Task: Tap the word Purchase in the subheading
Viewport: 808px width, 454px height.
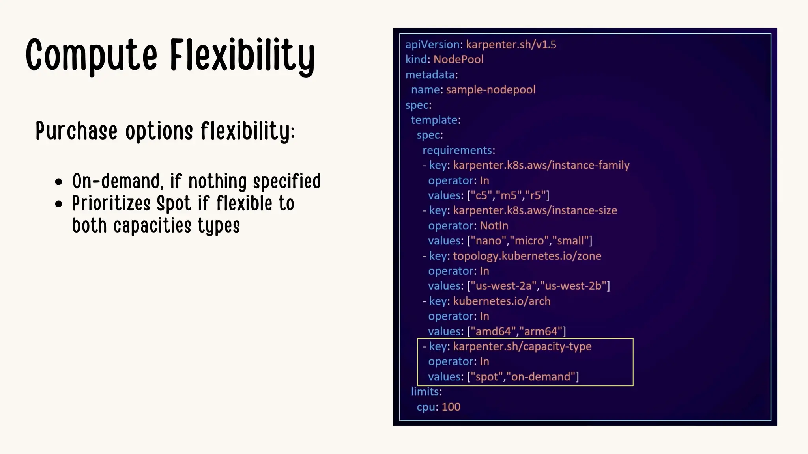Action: (x=77, y=131)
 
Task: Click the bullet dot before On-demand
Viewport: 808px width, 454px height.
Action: (x=59, y=182)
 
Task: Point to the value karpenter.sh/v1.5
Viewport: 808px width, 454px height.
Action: (x=511, y=45)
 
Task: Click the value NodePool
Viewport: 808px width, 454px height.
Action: (x=458, y=60)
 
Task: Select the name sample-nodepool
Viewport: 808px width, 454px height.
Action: (x=490, y=90)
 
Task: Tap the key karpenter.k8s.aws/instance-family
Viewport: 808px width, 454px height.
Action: (x=541, y=165)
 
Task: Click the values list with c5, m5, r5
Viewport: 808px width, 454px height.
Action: (x=508, y=195)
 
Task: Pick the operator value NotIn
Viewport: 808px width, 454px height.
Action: (x=494, y=226)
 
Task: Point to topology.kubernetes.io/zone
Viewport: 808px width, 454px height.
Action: (x=527, y=256)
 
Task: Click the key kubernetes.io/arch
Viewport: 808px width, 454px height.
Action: (x=501, y=301)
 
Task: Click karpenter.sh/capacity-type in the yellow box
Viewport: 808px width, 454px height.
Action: (x=522, y=346)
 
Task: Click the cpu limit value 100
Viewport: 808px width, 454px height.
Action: (x=451, y=407)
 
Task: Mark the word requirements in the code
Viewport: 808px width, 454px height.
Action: (x=457, y=150)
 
